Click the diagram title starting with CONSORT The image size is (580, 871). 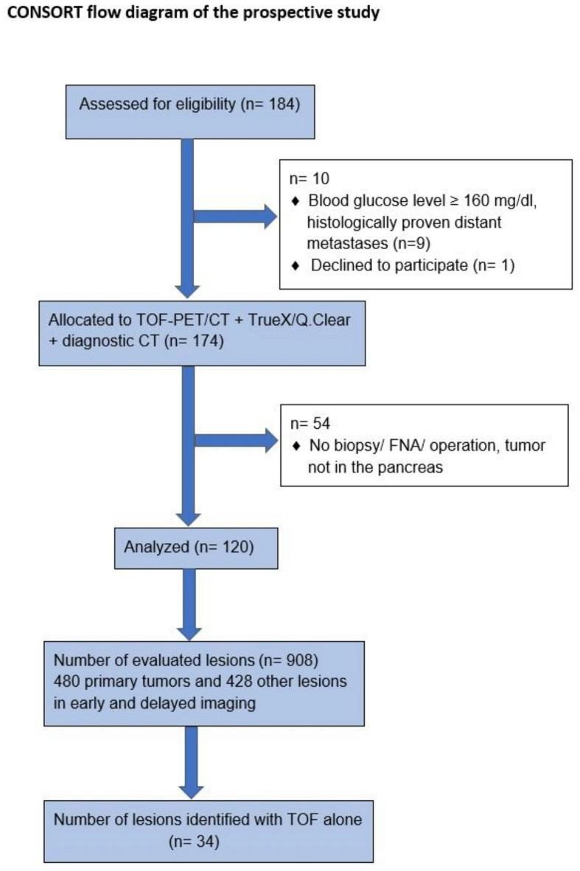click(x=194, y=14)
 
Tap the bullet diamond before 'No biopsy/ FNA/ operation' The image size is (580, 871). click(x=296, y=447)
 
